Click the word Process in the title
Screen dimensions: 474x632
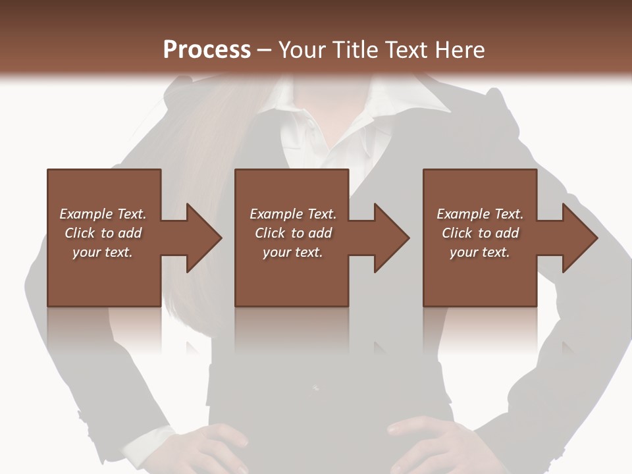pos(207,50)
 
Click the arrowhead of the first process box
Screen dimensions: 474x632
pos(204,238)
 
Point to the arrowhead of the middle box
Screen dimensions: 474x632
pos(392,238)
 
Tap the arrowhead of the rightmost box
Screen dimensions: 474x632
pos(580,238)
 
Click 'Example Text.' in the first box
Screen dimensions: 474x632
pos(103,214)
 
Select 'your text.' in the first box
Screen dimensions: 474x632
pos(103,252)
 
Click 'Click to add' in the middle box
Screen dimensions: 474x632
pos(293,233)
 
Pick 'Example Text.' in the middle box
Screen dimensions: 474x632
pos(293,214)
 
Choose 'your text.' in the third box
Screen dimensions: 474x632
pos(480,252)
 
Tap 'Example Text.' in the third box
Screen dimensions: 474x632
pos(480,214)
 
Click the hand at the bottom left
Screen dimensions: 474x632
pos(217,448)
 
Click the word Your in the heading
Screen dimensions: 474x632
pos(301,50)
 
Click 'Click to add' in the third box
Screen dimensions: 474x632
pos(480,233)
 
